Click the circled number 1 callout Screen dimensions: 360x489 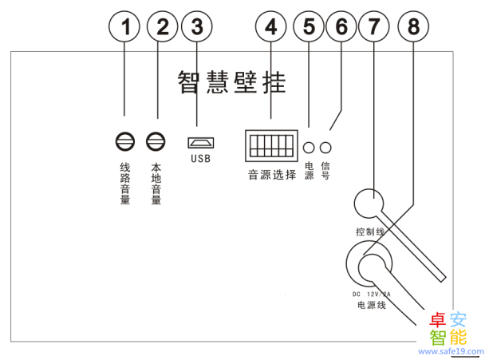124,27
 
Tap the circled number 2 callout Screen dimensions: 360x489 162,27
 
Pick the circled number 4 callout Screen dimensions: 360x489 271,27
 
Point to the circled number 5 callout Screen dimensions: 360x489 307,27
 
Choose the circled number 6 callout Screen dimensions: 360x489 341,27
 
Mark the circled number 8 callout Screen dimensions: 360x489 412,27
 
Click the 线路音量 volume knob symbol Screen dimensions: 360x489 124,143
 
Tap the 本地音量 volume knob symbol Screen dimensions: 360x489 156,143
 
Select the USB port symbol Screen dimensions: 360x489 200,143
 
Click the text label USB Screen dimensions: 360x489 200,158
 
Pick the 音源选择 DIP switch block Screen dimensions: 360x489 270,144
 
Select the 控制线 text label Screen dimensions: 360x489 370,232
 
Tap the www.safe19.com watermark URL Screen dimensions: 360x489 452,350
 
